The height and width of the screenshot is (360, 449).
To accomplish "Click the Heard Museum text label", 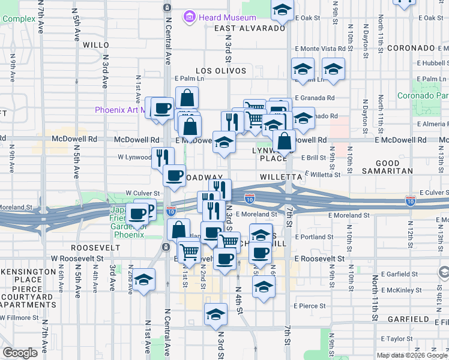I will click(x=228, y=17).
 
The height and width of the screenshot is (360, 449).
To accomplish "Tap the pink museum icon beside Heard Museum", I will click(x=190, y=17).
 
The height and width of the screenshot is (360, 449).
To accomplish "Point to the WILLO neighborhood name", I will click(x=96, y=45).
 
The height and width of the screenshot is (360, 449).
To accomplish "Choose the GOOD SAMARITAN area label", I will click(x=387, y=167).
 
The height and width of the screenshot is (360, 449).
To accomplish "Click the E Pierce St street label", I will click(x=309, y=305).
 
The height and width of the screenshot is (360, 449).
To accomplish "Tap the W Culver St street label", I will click(x=140, y=193).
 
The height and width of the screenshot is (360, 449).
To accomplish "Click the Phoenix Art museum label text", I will click(x=120, y=110).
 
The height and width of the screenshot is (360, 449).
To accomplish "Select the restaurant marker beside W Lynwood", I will click(x=162, y=158).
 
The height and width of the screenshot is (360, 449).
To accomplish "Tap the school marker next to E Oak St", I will click(x=282, y=10).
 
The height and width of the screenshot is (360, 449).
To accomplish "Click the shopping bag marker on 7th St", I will click(x=284, y=142).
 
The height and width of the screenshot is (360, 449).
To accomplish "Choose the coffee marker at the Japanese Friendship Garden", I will click(x=137, y=213).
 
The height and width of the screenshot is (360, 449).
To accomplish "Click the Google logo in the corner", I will click(x=20, y=353).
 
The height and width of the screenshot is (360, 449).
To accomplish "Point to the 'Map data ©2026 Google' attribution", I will click(x=411, y=355).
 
